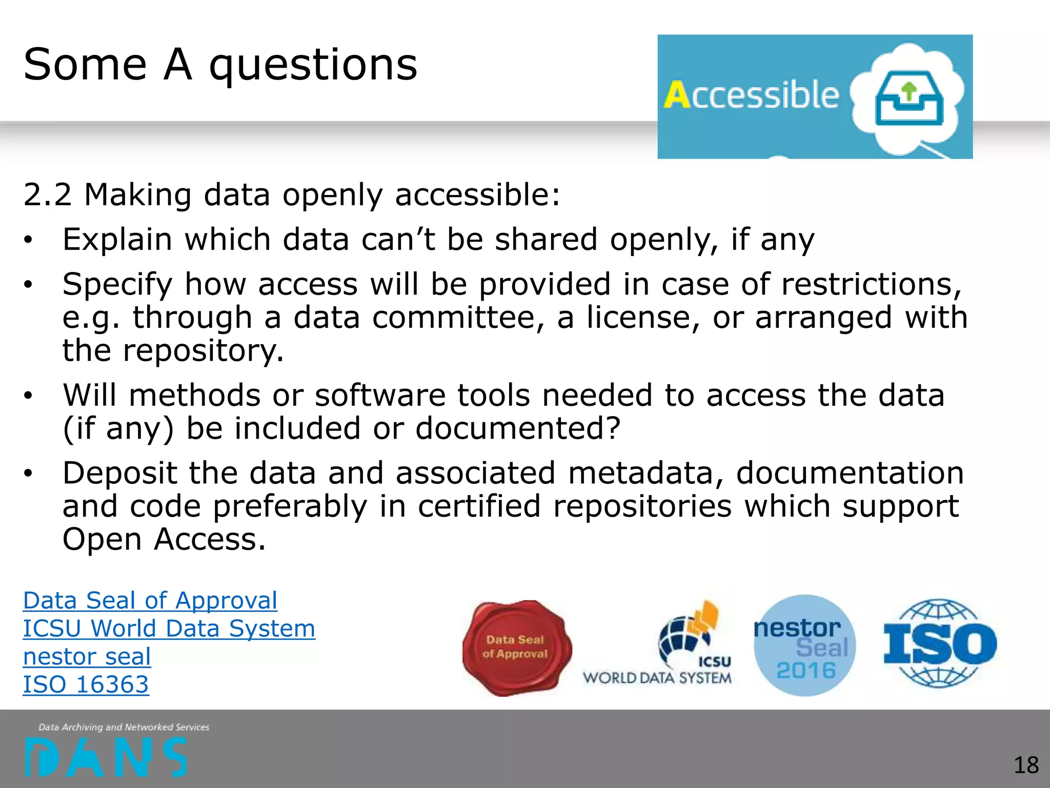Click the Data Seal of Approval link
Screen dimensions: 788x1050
150,600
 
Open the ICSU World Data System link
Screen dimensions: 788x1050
169,628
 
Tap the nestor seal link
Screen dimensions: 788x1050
87,657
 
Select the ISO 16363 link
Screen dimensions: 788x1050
86,684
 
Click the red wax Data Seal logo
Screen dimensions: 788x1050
516,647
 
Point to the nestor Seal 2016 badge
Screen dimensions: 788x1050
804,645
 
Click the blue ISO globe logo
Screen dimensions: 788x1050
940,644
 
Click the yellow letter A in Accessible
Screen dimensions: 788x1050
677,95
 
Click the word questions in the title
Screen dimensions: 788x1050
313,66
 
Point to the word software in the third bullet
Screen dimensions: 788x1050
379,396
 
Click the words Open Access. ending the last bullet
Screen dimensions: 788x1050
164,540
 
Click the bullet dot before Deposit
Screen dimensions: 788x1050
28,473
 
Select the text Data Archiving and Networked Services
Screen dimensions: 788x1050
124,727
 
